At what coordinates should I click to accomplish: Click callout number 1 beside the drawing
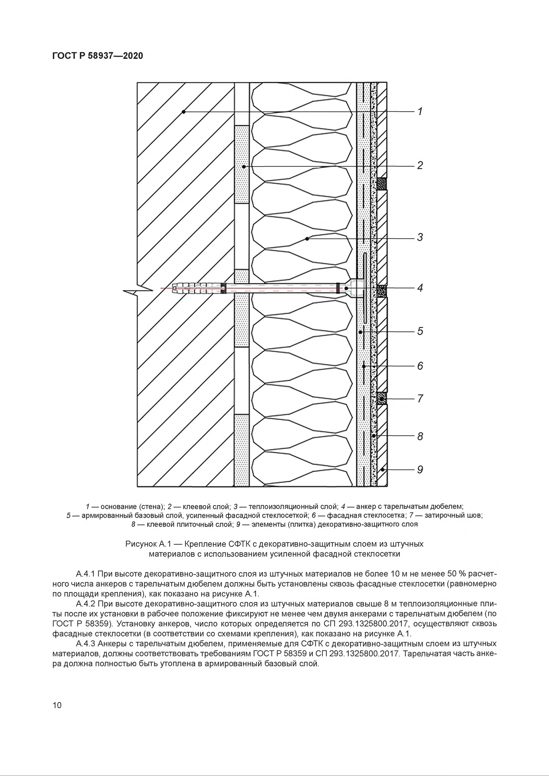pyautogui.click(x=420, y=111)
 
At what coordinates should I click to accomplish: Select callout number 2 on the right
pyautogui.click(x=420, y=166)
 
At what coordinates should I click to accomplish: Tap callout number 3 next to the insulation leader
pyautogui.click(x=420, y=237)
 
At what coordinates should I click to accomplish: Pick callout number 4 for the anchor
pyautogui.click(x=420, y=288)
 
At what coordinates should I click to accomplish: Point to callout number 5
pyautogui.click(x=420, y=331)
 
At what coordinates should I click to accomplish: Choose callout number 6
pyautogui.click(x=420, y=366)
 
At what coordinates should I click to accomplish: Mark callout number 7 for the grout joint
pyautogui.click(x=420, y=399)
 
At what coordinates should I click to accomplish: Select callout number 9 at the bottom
pyautogui.click(x=420, y=469)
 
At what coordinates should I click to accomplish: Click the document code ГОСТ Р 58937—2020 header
pyautogui.click(x=98, y=56)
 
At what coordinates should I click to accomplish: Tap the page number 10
pyautogui.click(x=57, y=705)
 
